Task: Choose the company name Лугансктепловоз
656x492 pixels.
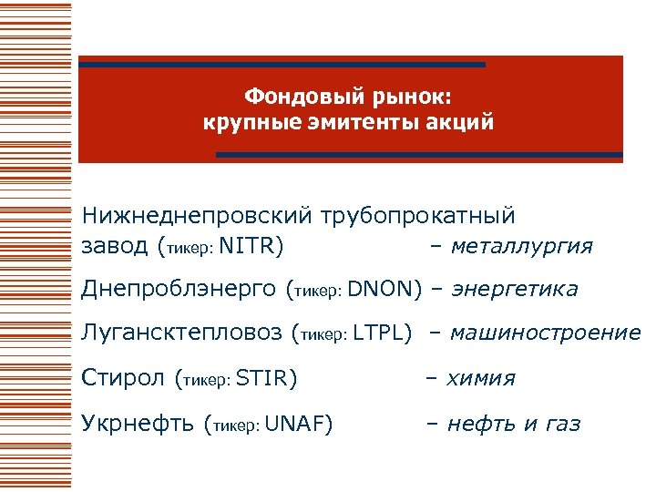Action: (181, 333)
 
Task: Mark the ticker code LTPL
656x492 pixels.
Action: (377, 333)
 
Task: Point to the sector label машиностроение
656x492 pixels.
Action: (544, 333)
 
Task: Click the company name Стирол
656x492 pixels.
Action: (122, 377)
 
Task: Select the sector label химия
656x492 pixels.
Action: (480, 377)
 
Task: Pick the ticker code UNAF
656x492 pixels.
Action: (296, 423)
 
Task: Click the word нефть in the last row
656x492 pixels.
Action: (480, 423)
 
